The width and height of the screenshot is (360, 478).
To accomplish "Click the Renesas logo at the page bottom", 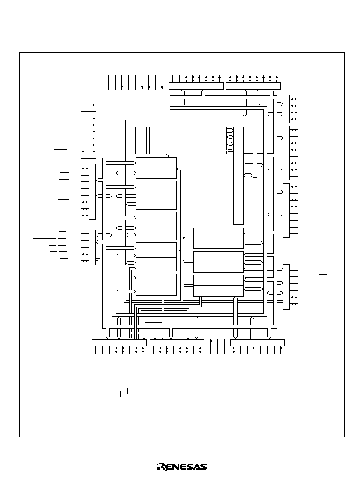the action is (182, 467).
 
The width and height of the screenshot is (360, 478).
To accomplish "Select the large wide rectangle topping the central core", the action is (188, 141).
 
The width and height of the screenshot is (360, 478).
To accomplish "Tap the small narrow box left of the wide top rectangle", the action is (141, 141).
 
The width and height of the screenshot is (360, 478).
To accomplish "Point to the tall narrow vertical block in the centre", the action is (239, 176).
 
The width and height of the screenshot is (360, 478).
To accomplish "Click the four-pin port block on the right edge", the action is (286, 109).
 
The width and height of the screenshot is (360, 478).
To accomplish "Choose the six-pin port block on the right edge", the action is (286, 287).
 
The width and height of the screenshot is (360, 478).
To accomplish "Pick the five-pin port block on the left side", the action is (92, 247).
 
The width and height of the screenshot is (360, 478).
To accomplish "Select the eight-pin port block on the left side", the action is (92, 192).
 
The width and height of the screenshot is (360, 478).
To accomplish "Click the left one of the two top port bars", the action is (196, 86).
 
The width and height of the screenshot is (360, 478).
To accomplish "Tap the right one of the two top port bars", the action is (253, 86).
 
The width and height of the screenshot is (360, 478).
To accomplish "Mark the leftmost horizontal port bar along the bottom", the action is (119, 343).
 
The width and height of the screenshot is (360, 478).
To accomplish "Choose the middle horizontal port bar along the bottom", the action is (177, 343).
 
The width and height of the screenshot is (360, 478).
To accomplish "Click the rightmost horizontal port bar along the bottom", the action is (257, 343).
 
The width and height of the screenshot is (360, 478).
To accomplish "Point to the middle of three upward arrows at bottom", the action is (218, 346).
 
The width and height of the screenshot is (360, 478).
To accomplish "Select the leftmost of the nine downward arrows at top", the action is (109, 82).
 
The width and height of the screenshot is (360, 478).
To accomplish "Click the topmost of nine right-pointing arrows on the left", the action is (89, 105).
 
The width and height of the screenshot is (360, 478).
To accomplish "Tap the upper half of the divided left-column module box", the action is (156, 250).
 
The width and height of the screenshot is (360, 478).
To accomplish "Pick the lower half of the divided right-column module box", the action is (218, 291).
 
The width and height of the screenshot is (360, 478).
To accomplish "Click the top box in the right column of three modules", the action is (218, 238).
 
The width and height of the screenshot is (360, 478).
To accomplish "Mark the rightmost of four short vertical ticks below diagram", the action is (141, 389).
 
